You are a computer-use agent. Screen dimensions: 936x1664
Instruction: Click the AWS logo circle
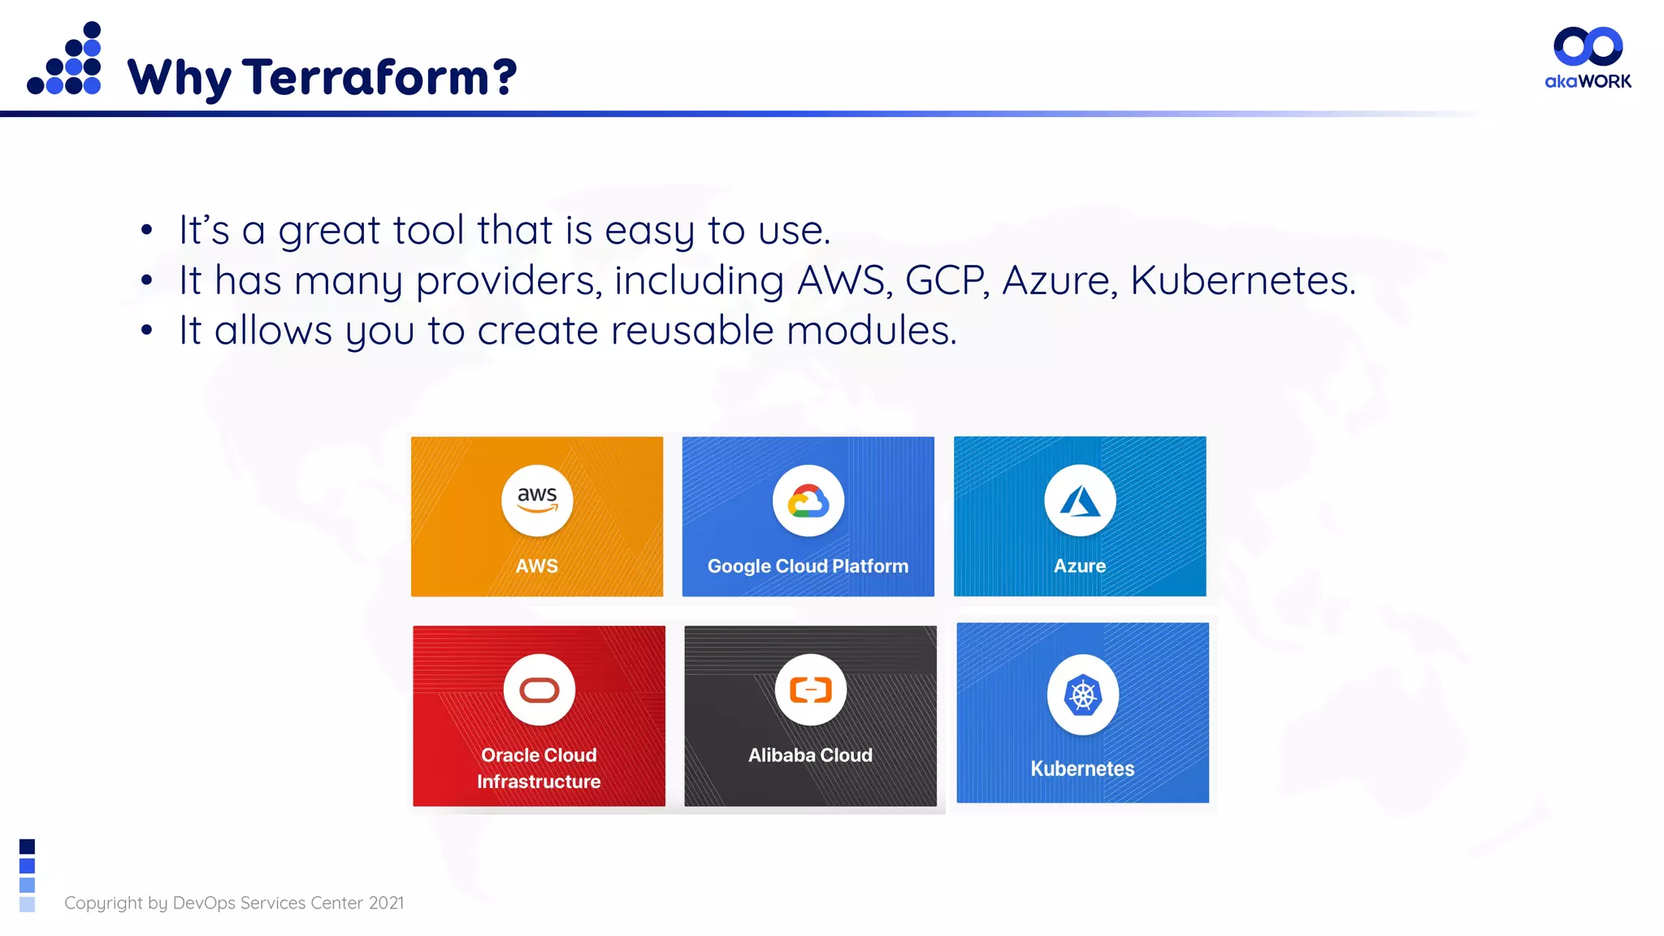[537, 500]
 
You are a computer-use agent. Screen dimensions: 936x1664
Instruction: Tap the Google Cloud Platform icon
[808, 501]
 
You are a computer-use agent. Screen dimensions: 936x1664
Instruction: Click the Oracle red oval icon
[539, 690]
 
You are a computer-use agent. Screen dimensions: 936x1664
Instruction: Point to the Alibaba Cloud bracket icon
[811, 690]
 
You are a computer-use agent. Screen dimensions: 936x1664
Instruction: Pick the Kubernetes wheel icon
[1083, 695]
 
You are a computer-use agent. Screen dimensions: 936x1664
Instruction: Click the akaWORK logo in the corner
[1588, 58]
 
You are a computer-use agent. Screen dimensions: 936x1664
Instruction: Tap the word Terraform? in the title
[379, 77]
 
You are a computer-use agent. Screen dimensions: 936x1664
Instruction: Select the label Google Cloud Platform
[808, 566]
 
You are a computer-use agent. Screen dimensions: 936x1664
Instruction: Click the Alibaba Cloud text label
[810, 756]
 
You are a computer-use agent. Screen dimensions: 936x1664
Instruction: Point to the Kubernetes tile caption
[1082, 769]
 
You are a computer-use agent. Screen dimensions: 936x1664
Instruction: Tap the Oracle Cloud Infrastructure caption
[539, 769]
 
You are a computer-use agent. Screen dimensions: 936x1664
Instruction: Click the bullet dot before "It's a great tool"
[146, 231]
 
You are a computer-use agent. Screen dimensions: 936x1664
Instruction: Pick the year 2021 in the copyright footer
[386, 903]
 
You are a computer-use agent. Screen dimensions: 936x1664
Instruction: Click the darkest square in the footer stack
[27, 847]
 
